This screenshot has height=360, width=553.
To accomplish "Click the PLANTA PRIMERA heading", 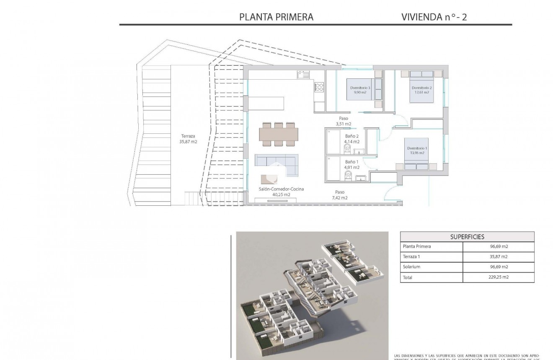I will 276,17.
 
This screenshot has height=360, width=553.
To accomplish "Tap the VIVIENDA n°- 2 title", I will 434,17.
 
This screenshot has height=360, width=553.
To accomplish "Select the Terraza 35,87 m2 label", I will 189,139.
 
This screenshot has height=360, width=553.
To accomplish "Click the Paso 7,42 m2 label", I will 339,195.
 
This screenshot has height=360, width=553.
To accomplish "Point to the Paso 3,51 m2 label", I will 343,121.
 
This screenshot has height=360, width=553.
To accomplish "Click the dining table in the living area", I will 279,134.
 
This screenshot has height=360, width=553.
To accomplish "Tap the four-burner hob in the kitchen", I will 319,87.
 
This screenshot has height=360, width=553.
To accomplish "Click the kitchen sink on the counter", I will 303,75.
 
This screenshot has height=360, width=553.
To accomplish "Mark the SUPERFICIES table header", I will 467,237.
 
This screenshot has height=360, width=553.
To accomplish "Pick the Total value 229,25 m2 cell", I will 499,277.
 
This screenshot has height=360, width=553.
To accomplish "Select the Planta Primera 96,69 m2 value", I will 499,247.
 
